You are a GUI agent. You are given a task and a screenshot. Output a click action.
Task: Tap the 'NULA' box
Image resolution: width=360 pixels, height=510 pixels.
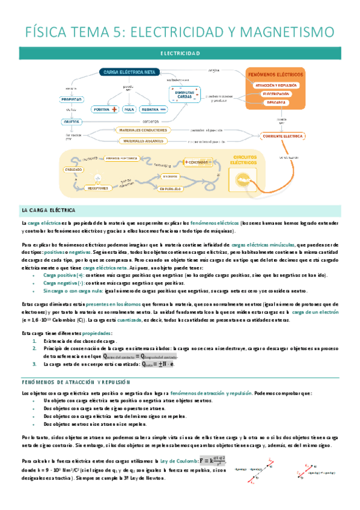tap(128, 109)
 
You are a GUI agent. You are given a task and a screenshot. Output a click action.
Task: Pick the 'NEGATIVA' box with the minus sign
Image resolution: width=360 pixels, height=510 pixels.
tap(151, 109)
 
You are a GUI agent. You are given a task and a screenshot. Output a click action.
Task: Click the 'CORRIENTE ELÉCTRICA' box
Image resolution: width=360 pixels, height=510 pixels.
tap(282, 136)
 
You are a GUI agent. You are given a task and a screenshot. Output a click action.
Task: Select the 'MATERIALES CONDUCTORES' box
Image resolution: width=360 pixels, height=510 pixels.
tap(142, 130)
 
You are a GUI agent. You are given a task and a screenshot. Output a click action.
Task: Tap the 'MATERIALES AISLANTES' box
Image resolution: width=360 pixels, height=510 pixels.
tap(142, 141)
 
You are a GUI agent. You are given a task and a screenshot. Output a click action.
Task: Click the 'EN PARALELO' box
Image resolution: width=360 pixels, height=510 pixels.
tap(171, 189)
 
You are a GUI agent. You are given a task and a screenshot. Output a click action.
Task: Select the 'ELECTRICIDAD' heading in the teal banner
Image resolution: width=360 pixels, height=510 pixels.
tap(180, 54)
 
